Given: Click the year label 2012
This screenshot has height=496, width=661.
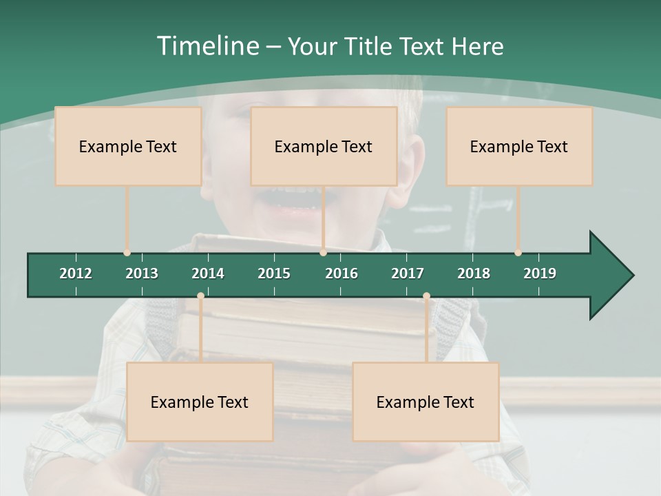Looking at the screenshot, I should (76, 273).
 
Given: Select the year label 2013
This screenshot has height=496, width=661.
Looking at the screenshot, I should (142, 273).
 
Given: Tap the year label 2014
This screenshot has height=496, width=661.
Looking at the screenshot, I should (208, 273).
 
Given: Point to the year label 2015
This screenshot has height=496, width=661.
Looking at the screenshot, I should (274, 273).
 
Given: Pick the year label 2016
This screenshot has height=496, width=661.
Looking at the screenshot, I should (342, 273).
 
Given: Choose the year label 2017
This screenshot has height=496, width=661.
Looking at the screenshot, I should (408, 273).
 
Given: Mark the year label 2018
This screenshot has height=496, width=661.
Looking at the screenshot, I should (474, 273).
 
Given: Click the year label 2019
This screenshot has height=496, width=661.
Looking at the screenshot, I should (540, 273).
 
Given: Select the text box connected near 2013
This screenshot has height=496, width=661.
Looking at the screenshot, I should (128, 146).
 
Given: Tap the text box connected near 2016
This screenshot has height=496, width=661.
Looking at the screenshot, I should (324, 146).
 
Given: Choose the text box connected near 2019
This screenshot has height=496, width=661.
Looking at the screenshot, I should (519, 146).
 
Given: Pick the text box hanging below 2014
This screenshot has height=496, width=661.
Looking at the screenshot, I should (200, 402).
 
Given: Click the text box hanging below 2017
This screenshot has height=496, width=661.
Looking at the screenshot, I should (426, 402).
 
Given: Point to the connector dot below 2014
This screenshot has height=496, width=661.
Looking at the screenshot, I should (200, 296).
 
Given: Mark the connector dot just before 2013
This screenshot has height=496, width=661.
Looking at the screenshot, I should (127, 253).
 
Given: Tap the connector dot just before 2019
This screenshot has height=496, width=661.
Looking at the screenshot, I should (518, 253).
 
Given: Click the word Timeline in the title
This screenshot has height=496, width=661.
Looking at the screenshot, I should (207, 46).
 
